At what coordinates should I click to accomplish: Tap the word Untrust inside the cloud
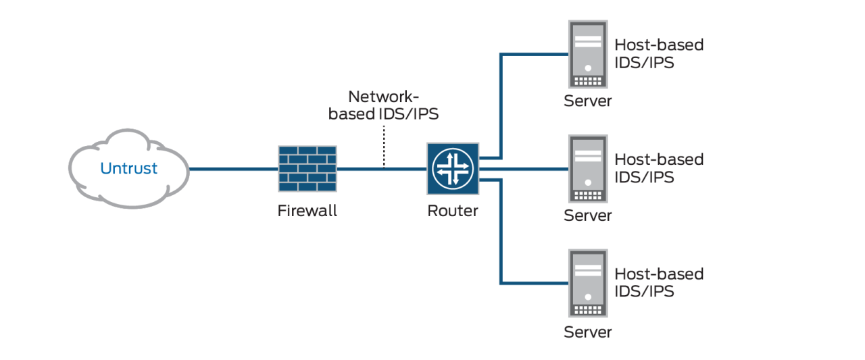(128, 168)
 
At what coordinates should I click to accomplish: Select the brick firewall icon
(307, 168)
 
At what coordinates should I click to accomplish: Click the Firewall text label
(307, 211)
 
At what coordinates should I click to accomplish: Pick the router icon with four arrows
(453, 168)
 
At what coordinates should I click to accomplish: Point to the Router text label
(453, 211)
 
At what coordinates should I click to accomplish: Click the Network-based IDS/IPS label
(384, 105)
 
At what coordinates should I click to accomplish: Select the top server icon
(588, 54)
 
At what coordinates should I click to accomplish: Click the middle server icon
(588, 169)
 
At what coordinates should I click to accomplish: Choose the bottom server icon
(588, 284)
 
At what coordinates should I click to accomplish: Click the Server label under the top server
(588, 101)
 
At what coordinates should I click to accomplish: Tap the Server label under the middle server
(588, 216)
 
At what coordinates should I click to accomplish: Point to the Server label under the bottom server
(588, 332)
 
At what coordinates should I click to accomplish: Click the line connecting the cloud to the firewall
(233, 169)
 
